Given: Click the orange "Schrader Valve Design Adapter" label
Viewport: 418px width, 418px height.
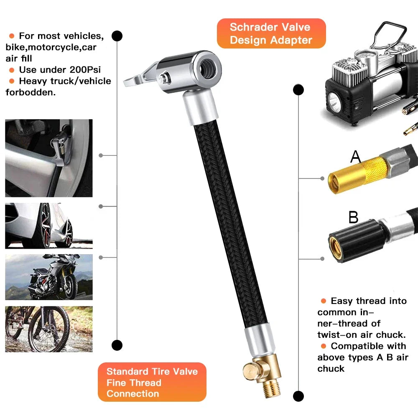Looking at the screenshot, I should click(x=271, y=33).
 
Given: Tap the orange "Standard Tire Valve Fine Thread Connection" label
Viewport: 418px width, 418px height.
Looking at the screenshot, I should click(x=152, y=382).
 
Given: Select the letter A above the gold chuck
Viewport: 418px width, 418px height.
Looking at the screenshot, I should click(x=355, y=157).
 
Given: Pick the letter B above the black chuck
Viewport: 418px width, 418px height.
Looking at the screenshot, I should click(x=354, y=217).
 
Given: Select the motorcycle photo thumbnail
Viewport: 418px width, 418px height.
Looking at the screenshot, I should click(x=49, y=277).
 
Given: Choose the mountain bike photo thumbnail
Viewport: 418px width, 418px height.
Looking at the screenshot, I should click(x=49, y=329).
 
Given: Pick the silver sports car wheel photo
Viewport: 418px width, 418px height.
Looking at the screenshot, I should click(x=49, y=226).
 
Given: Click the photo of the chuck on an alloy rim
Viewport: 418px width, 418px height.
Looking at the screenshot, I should click(x=49, y=158).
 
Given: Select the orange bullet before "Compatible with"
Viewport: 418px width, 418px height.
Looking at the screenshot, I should click(x=323, y=346).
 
